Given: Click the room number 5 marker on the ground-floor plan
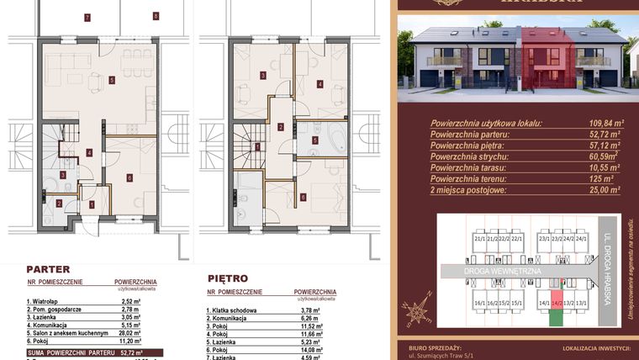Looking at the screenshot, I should coord(112,81).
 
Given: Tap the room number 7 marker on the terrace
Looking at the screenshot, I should coord(87,17).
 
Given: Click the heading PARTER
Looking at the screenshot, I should coord(48,270).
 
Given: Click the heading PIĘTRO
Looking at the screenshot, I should coord(227,277).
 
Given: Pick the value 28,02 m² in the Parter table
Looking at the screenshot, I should coord(128,331).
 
